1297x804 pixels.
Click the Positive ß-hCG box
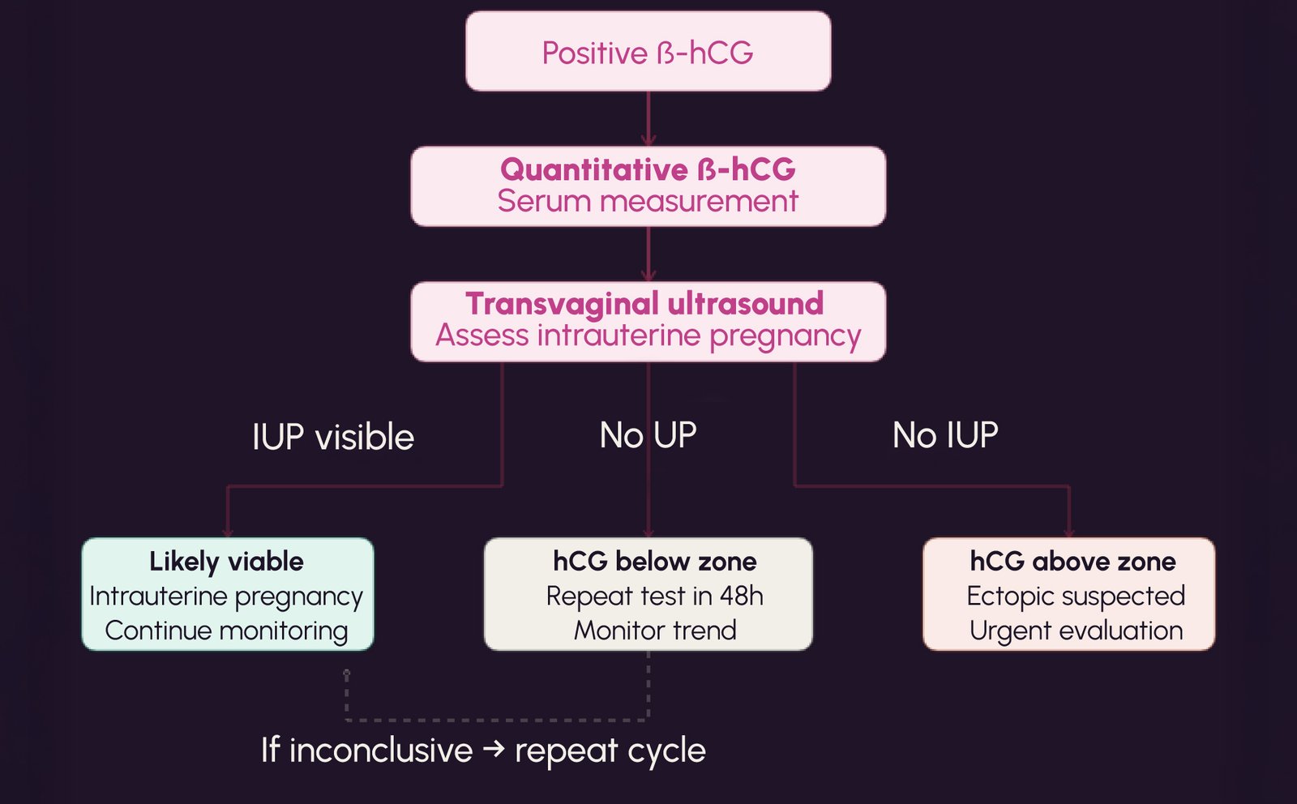pyautogui.click(x=648, y=52)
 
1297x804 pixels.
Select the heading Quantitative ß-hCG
pyautogui.click(x=648, y=169)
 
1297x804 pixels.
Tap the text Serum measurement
pyautogui.click(x=648, y=201)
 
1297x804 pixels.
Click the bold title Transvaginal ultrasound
pyautogui.click(x=644, y=304)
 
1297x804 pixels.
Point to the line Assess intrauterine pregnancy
pyautogui.click(x=648, y=336)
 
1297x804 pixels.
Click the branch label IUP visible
pyautogui.click(x=332, y=438)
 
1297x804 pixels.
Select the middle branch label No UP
pyautogui.click(x=648, y=436)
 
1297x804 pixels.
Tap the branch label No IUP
pyautogui.click(x=945, y=436)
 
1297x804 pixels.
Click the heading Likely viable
pyautogui.click(x=226, y=561)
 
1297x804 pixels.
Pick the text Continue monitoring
pyautogui.click(x=226, y=631)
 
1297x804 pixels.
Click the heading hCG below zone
pyautogui.click(x=654, y=561)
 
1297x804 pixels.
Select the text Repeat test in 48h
pyautogui.click(x=654, y=596)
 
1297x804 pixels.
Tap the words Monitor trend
pyautogui.click(x=654, y=631)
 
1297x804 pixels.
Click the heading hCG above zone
pyautogui.click(x=1072, y=561)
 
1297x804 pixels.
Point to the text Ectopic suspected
pyautogui.click(x=1076, y=596)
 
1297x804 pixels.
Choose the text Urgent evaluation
pyautogui.click(x=1076, y=631)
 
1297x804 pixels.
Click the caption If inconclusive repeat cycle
pyautogui.click(x=483, y=751)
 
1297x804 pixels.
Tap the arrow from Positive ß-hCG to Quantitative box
pyautogui.click(x=648, y=118)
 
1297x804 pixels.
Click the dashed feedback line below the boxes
pyautogui.click(x=496, y=720)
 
